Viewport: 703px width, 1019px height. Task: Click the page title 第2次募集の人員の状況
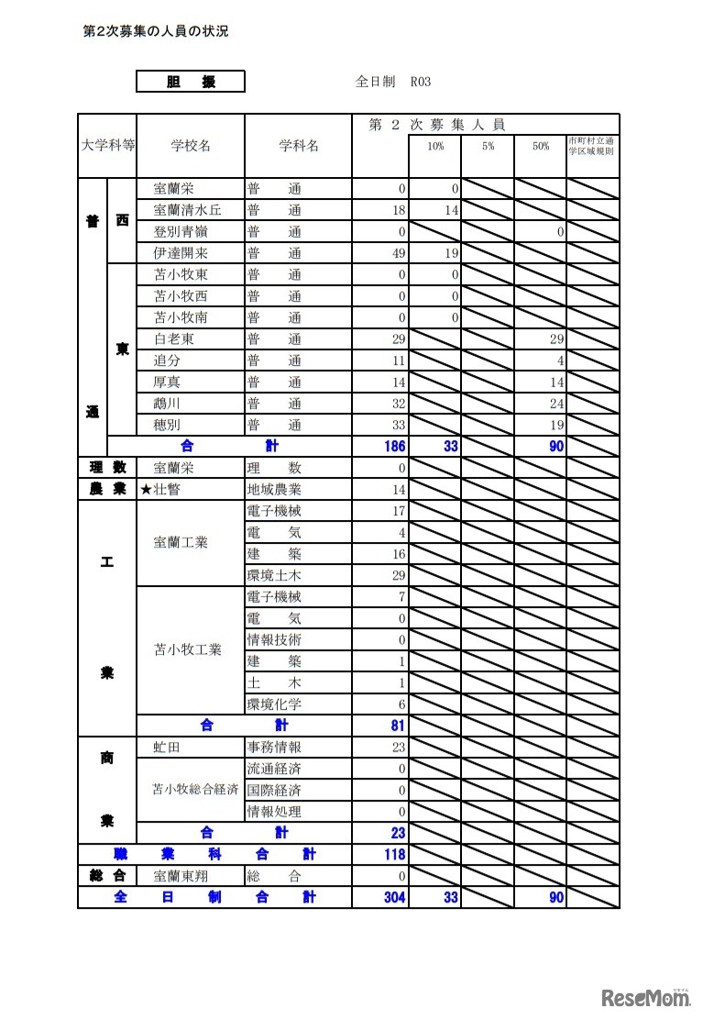click(155, 31)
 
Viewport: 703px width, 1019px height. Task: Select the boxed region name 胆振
click(191, 82)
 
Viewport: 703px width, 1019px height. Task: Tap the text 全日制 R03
click(392, 82)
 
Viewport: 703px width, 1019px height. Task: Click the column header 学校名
click(191, 146)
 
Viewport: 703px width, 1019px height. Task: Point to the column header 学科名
click(298, 146)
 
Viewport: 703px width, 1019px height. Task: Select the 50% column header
click(540, 146)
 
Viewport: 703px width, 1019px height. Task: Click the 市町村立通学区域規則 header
click(592, 146)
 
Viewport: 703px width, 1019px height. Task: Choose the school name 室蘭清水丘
click(187, 210)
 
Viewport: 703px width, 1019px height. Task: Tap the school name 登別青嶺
click(181, 232)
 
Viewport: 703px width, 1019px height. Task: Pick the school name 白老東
click(173, 339)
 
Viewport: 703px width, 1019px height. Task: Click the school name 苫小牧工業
click(188, 650)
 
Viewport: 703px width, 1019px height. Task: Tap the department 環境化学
click(274, 704)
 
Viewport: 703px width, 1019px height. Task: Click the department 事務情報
click(274, 748)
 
